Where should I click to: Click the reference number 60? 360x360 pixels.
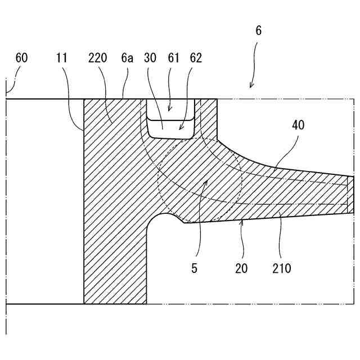tap(21, 58)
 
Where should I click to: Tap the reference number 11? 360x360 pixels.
tap(62, 58)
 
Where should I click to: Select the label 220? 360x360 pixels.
tap(97, 58)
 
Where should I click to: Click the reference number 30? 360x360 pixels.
tap(150, 58)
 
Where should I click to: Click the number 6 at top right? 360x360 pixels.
tap(258, 30)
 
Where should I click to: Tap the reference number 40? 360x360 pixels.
tap(298, 125)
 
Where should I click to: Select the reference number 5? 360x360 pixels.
tap(194, 268)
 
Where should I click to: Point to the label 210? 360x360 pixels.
tap(281, 268)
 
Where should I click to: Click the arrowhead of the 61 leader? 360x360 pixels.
tap(169, 109)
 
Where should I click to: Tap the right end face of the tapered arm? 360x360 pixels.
tap(350, 195)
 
